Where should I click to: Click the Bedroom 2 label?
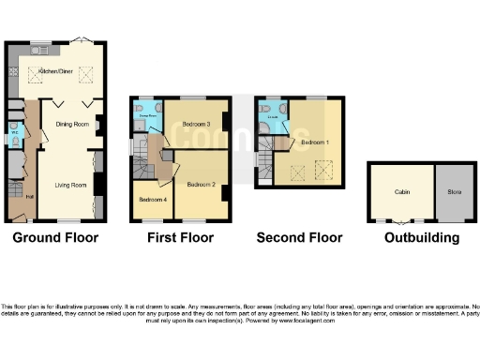(199, 185)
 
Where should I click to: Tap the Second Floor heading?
(299, 238)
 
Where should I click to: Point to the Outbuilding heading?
(422, 238)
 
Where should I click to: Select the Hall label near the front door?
(29, 197)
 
